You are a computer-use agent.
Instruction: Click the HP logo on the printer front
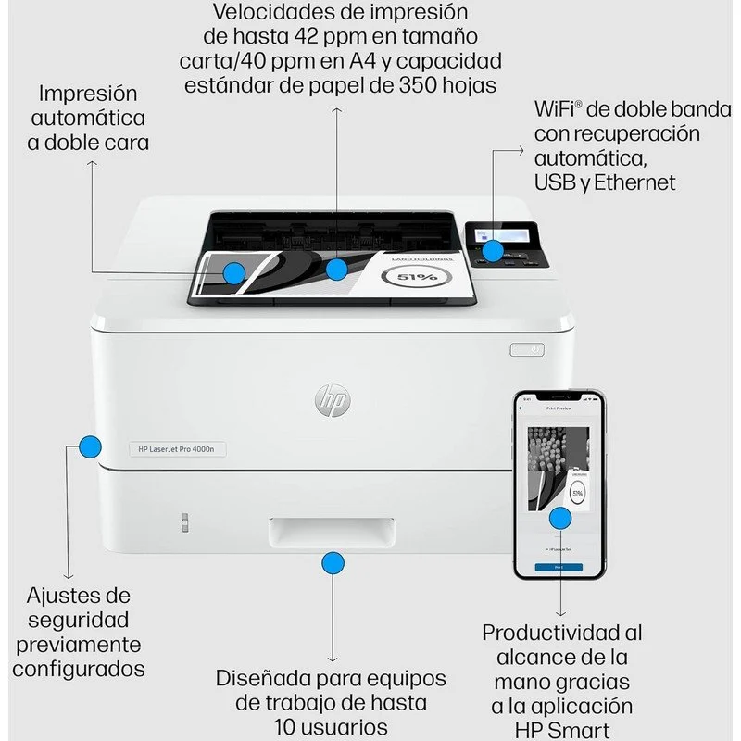tap(333, 400)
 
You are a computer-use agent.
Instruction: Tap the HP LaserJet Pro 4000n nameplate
tap(177, 449)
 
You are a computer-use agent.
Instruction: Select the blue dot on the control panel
tap(494, 250)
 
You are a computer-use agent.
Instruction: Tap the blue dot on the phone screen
tap(559, 518)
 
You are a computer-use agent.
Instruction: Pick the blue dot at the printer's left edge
tap(89, 447)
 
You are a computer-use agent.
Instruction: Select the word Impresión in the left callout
tap(88, 94)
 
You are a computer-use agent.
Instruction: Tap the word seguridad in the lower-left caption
tap(79, 620)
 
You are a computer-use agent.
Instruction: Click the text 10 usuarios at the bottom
tap(331, 725)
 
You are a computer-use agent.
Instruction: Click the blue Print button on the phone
tap(559, 567)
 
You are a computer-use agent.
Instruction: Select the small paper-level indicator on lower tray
tap(182, 522)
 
